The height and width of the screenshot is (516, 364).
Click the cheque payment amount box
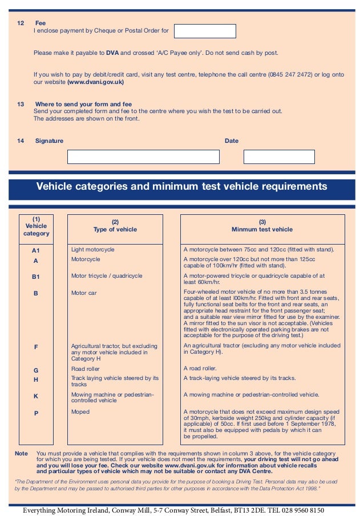pyautogui.click(x=205, y=31)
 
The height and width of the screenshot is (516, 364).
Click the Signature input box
pyautogui.click(x=143, y=157)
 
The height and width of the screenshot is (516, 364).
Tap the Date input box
pyautogui.click(x=279, y=157)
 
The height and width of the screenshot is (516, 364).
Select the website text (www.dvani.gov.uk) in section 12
pyautogui.click(x=95, y=82)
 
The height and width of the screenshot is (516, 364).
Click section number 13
pyautogui.click(x=21, y=104)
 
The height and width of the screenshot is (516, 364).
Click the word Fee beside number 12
pyautogui.click(x=41, y=23)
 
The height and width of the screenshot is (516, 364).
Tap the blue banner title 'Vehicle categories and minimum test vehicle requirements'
pyautogui.click(x=181, y=187)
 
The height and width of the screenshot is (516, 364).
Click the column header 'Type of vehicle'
pyautogui.click(x=115, y=230)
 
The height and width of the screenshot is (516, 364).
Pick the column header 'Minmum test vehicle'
pyautogui.click(x=262, y=230)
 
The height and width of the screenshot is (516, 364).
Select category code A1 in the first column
pyautogui.click(x=36, y=250)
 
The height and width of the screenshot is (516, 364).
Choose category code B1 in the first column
pyautogui.click(x=36, y=276)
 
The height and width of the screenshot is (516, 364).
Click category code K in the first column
pyautogui.click(x=36, y=395)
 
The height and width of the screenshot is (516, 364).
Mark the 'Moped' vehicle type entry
pyautogui.click(x=80, y=411)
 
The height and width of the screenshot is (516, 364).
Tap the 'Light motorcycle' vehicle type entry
pyautogui.click(x=92, y=249)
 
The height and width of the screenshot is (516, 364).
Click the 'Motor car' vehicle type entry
pyautogui.click(x=83, y=293)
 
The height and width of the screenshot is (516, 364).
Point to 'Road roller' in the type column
pyautogui.click(x=86, y=369)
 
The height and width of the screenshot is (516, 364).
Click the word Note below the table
pyautogui.click(x=21, y=453)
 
